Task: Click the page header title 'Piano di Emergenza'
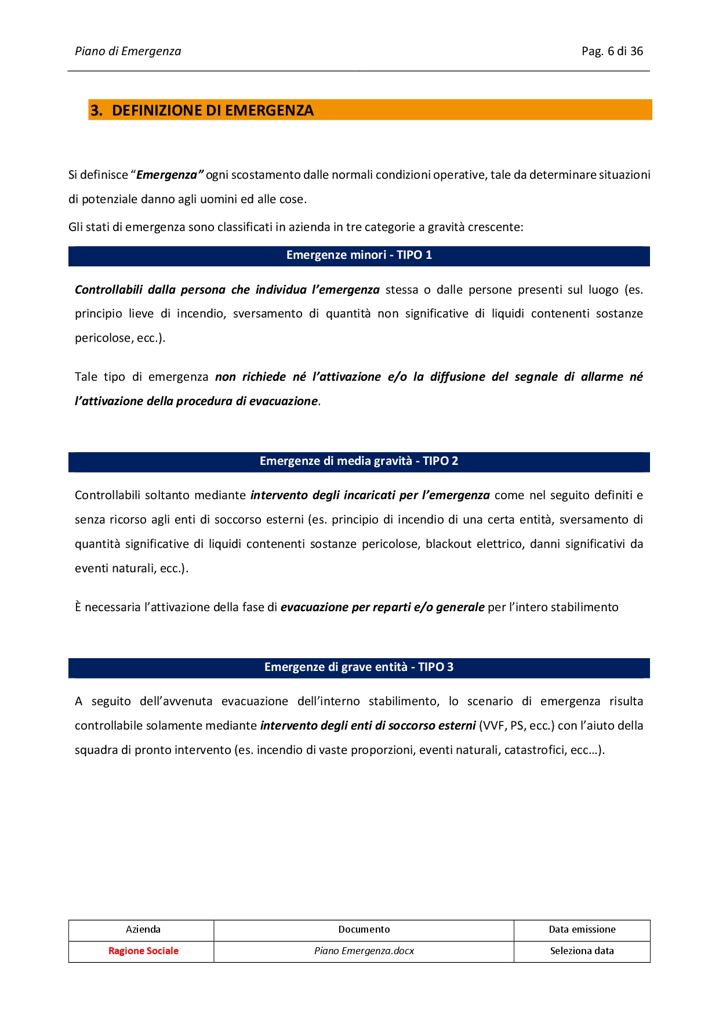[128, 51]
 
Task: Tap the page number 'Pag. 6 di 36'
[612, 51]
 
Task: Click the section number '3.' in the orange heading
[96, 110]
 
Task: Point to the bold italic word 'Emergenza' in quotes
[167, 175]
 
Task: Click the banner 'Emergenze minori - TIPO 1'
[359, 255]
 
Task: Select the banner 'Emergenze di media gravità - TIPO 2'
[359, 461]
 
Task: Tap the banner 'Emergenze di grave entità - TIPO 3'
[359, 667]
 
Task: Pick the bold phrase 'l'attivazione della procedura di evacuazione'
[197, 401]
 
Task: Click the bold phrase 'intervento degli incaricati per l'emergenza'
[370, 495]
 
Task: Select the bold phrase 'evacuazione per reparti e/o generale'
[382, 607]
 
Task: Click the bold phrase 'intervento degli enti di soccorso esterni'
[368, 725]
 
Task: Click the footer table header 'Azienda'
[143, 929]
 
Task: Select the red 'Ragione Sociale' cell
[143, 951]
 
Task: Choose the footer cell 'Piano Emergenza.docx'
[364, 951]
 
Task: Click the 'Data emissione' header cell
[582, 929]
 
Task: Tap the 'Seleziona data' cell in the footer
[582, 951]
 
